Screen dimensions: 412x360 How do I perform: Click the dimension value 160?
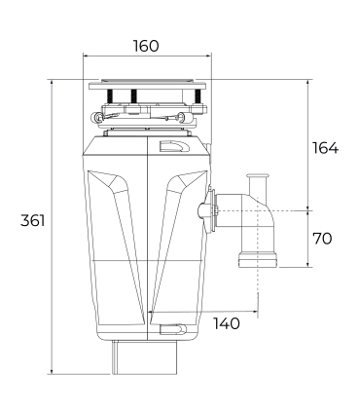(144, 46)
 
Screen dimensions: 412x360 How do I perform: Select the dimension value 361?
(32, 221)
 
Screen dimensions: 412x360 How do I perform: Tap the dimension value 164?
(324, 148)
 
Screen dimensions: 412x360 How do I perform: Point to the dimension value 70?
(323, 237)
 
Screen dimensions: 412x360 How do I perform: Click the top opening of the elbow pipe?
(258, 177)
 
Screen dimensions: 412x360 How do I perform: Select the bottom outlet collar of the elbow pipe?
(258, 258)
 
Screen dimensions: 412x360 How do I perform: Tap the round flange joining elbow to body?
(204, 208)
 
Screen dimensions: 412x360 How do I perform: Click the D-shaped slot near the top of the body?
(174, 147)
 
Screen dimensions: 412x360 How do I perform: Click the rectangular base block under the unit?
(147, 357)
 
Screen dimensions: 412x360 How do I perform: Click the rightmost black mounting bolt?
(198, 95)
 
